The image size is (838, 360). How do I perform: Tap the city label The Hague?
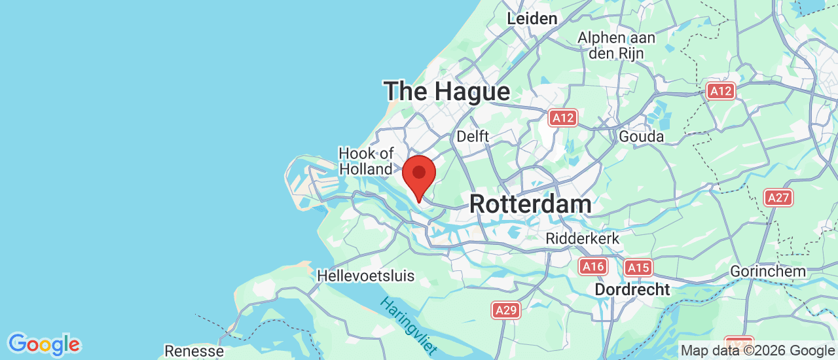(446, 91)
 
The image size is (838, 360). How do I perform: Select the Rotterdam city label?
(530, 204)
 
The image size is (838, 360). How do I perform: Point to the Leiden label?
(532, 18)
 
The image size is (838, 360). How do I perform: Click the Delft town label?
(473, 136)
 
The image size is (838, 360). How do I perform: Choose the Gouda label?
(641, 136)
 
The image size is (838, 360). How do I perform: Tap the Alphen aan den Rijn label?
(616, 46)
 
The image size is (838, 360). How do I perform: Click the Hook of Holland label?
(366, 161)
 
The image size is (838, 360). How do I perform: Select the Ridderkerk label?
(583, 238)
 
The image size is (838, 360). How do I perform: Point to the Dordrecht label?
(632, 289)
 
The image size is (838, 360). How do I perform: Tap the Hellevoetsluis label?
(365, 276)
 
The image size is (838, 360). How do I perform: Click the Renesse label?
(194, 351)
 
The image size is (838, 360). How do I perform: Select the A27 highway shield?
(778, 197)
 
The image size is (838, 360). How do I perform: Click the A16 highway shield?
(592, 266)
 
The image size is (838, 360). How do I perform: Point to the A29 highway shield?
(506, 310)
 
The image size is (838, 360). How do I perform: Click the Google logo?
(44, 344)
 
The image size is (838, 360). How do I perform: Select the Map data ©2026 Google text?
(757, 351)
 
